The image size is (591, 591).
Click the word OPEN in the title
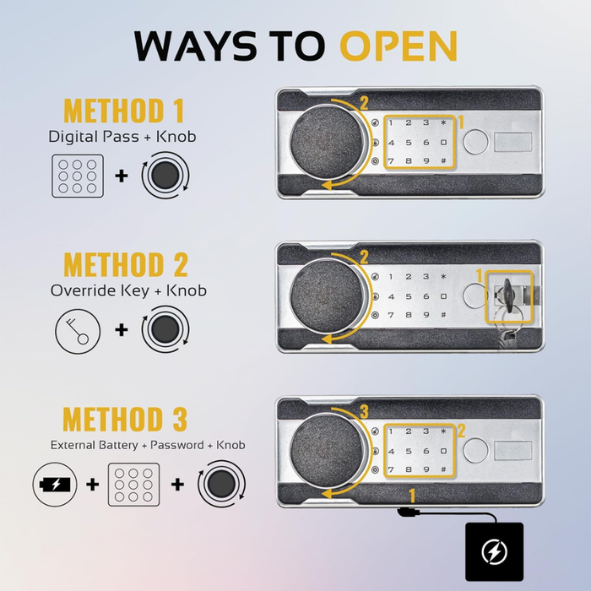click(x=399, y=46)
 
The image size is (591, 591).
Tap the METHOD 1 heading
click(x=124, y=110)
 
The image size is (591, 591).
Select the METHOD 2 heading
click(x=126, y=264)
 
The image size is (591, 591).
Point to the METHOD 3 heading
click(x=125, y=419)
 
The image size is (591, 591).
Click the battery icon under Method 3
click(x=55, y=484)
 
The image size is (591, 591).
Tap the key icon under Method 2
click(x=78, y=331)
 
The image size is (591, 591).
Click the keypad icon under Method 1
click(x=78, y=176)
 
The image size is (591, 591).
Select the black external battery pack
click(x=494, y=551)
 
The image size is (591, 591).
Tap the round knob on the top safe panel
click(x=328, y=142)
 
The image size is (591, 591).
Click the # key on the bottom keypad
click(x=443, y=469)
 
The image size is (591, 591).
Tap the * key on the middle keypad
click(x=443, y=276)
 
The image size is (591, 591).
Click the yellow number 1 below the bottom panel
click(x=412, y=496)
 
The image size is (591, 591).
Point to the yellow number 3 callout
click(x=364, y=412)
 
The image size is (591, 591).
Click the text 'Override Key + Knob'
click(x=128, y=290)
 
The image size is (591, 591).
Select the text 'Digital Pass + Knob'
click(x=122, y=136)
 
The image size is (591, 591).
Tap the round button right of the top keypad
click(x=475, y=142)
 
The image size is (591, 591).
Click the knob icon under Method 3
click(x=221, y=484)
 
